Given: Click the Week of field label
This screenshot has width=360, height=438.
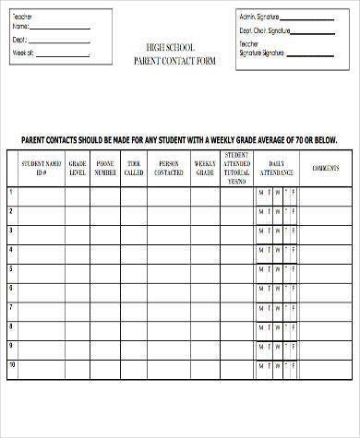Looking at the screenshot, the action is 23,53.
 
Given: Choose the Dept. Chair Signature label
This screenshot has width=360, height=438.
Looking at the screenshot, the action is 265,30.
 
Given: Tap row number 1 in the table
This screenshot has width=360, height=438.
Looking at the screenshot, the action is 11,192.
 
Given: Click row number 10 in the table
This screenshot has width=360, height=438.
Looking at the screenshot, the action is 12,365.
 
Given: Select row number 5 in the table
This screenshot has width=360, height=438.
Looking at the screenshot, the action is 11,268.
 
